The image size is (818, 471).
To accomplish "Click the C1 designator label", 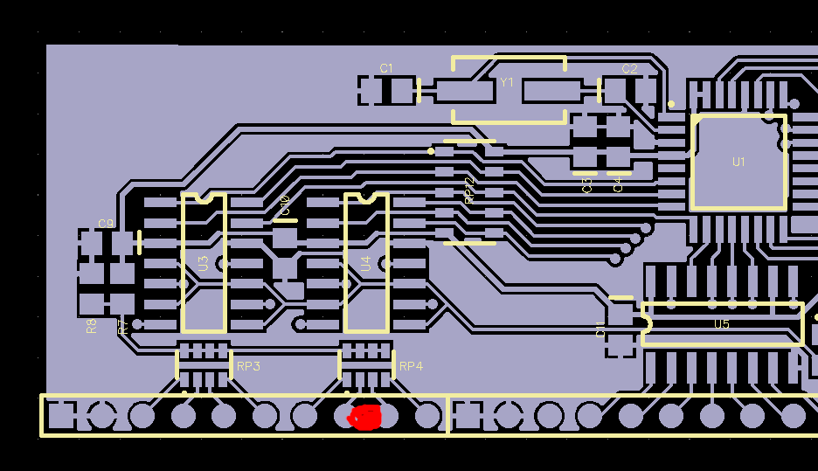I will [x=386, y=68].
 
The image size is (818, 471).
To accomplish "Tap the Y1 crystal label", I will [x=507, y=82].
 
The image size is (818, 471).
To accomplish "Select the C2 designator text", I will [x=629, y=69].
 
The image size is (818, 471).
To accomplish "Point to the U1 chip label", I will [x=739, y=162].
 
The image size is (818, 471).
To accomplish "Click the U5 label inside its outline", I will [x=722, y=324].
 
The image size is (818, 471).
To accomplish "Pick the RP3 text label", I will [x=248, y=366].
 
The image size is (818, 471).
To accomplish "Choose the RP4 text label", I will [x=411, y=366].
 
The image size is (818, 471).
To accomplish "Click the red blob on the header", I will [x=366, y=418].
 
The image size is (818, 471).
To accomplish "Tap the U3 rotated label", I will [x=203, y=262].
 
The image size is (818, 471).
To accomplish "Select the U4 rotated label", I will [x=366, y=262].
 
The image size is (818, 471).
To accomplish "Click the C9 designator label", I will [x=106, y=224].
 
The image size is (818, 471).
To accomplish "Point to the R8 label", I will [x=92, y=326].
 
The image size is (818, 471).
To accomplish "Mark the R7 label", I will [x=123, y=326].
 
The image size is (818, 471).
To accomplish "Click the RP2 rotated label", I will [x=469, y=190].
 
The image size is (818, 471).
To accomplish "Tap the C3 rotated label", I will [x=587, y=185].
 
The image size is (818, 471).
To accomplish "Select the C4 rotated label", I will [x=618, y=184].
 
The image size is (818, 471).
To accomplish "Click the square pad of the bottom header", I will [x=60, y=416].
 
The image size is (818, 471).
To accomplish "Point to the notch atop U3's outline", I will [x=204, y=197].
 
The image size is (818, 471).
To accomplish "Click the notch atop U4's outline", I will [x=366, y=197].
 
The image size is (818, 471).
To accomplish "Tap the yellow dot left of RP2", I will [x=431, y=151].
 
